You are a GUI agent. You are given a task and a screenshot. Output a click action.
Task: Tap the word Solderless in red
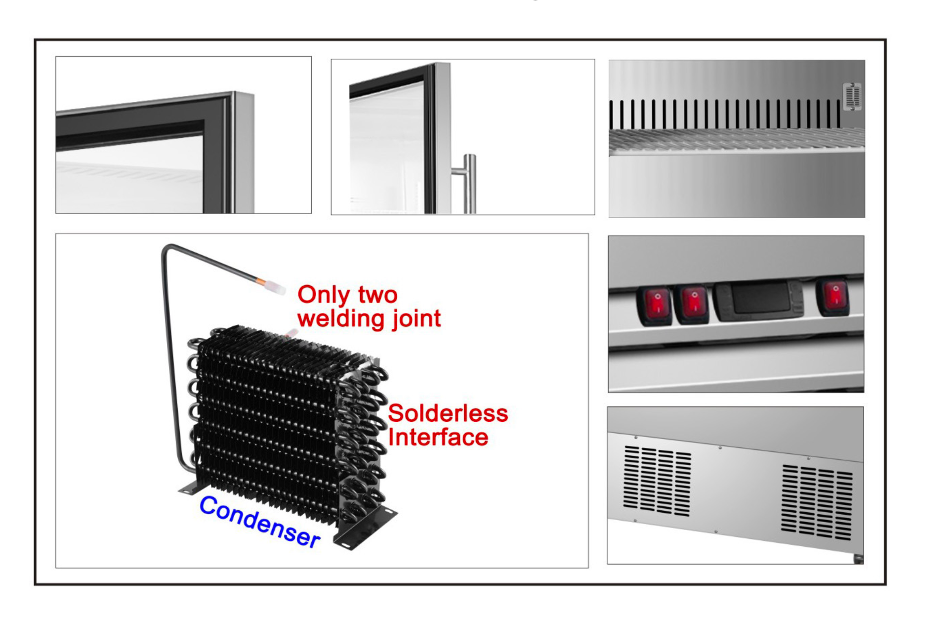448,413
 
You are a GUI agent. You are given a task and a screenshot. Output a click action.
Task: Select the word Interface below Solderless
438,438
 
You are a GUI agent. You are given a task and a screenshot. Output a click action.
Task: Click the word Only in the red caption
324,295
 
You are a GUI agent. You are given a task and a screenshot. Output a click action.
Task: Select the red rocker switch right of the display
834,297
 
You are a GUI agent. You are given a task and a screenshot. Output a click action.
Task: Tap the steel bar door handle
470,183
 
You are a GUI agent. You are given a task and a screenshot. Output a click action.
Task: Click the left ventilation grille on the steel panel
657,480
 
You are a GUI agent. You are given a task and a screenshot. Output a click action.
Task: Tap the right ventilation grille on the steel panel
817,502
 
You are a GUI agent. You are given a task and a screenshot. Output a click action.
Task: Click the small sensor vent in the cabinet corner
852,96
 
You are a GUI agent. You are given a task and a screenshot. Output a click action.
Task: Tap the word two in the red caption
377,295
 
